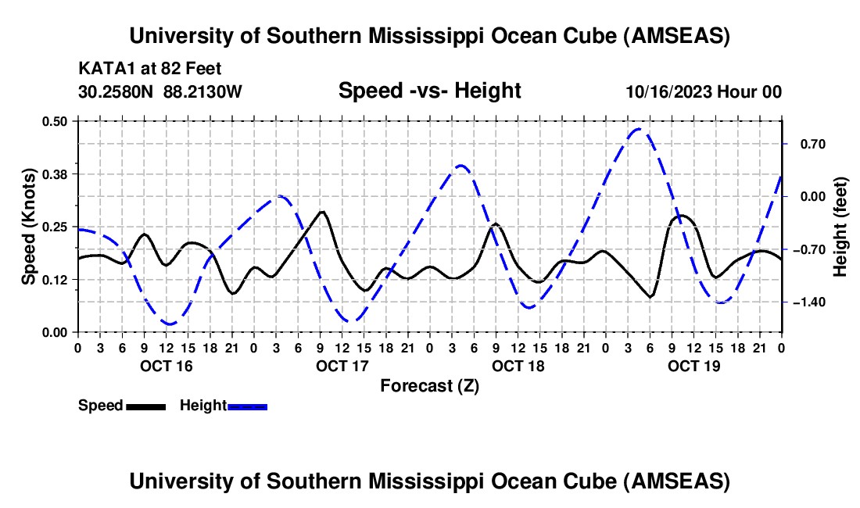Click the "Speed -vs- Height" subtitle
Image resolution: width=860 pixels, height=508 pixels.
tap(429, 91)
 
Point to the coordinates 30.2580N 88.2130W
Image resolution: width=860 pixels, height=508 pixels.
tap(160, 92)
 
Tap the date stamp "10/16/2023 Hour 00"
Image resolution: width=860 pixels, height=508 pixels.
tap(704, 92)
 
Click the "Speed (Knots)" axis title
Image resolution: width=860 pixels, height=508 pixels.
tap(29, 227)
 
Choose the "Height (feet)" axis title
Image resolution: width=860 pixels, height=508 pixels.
tap(840, 227)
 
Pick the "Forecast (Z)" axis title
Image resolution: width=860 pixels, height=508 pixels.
tap(429, 385)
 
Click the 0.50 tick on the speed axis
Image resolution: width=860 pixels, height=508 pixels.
tap(54, 121)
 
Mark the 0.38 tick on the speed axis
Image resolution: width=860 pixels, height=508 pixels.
tap(54, 174)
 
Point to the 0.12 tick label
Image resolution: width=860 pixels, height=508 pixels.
tap(54, 280)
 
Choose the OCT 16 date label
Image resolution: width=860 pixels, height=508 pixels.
tap(166, 366)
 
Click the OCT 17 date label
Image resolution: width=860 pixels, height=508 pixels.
tap(342, 366)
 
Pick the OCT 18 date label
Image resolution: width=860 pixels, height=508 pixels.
tap(518, 366)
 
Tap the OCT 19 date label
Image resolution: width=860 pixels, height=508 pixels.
tap(693, 366)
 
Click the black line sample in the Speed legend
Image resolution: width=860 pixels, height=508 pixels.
tap(145, 406)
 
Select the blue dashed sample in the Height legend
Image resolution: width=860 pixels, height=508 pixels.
tap(247, 406)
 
